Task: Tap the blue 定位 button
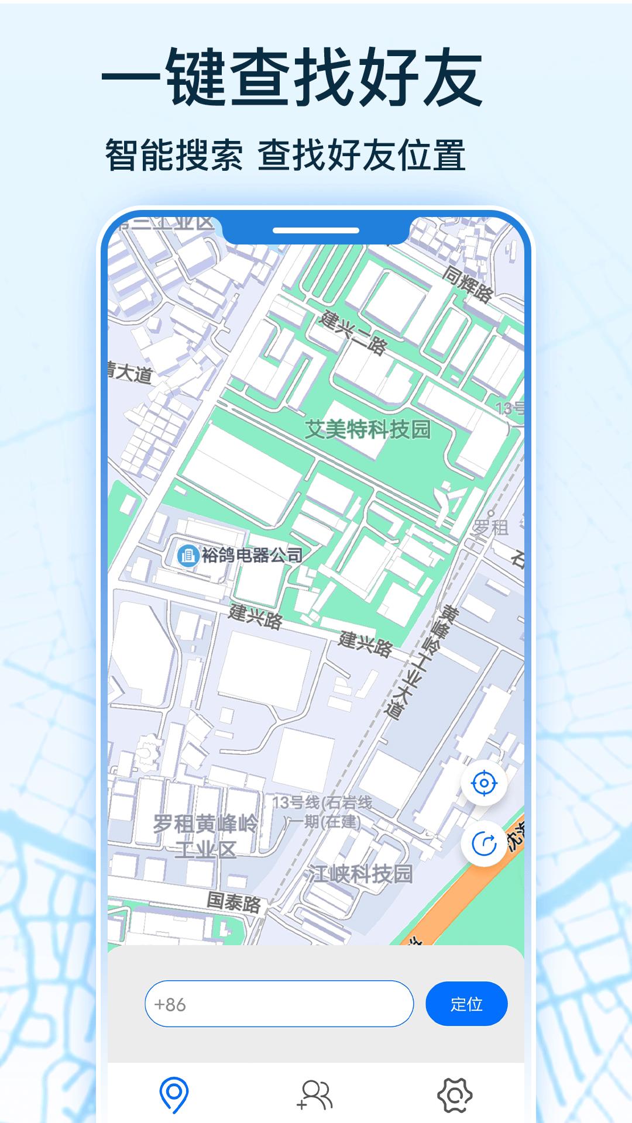point(466,1004)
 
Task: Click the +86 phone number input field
point(279,1004)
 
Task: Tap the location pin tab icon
point(174,1095)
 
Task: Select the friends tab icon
point(315,1095)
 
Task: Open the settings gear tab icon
point(455,1095)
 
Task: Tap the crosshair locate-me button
point(484,783)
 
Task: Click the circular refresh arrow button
point(484,843)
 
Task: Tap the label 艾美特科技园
point(368,430)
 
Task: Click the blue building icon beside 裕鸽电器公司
point(188,554)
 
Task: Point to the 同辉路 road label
point(467,284)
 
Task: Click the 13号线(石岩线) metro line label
point(322,803)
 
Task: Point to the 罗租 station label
point(490,528)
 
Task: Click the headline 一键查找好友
point(293,78)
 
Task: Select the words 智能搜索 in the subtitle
point(174,156)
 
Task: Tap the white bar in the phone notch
point(315,230)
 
